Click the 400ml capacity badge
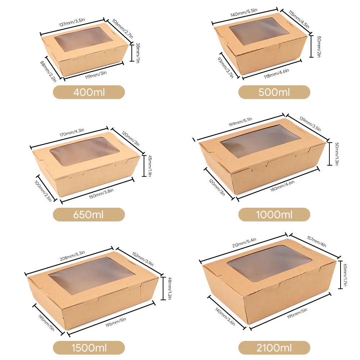click(89, 92)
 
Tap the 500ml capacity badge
click(274, 92)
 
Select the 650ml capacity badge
click(89, 215)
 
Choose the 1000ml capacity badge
click(274, 215)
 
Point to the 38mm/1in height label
click(137, 53)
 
